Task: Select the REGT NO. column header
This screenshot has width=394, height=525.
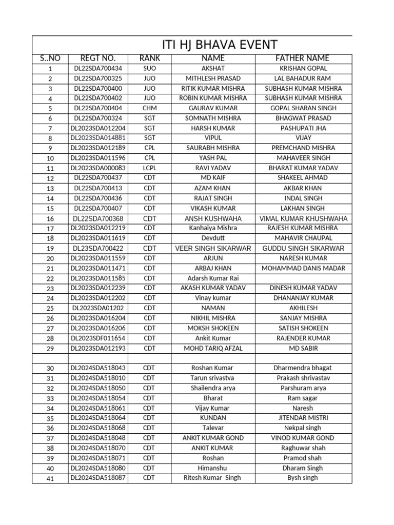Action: pos(98,58)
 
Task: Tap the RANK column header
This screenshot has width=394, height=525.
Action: pos(149,58)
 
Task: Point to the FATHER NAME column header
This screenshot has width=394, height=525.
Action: pos(303,58)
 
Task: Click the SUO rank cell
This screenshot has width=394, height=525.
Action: pos(149,68)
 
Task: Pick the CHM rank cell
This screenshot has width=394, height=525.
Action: pos(149,108)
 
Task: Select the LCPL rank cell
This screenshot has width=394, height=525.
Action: pos(149,168)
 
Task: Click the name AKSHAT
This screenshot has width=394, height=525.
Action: pos(213,68)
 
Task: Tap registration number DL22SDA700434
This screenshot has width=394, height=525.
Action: pos(98,68)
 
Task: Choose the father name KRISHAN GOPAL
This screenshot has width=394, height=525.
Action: pos(303,68)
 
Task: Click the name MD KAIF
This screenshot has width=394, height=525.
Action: pos(213,178)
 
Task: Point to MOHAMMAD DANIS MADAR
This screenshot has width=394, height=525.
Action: pos(303,268)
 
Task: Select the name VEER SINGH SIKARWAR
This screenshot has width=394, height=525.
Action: pos(213,248)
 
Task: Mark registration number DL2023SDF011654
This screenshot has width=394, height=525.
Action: pos(98,338)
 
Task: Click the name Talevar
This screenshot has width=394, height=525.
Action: pos(213,428)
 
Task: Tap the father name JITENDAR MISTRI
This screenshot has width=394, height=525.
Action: pos(303,418)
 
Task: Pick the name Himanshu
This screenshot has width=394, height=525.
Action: pos(213,468)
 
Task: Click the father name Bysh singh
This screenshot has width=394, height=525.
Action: pos(303,478)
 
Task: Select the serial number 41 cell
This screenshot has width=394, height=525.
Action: pos(50,478)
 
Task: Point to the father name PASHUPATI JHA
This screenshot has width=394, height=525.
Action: pos(303,128)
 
